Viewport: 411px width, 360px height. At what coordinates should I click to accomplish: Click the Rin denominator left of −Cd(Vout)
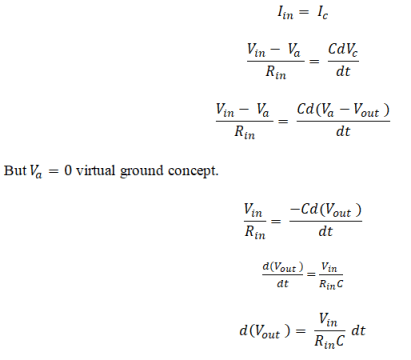point(252,229)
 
